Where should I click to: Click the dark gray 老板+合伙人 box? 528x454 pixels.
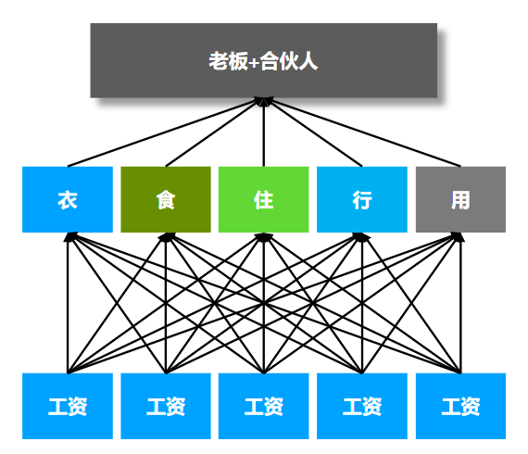click(263, 60)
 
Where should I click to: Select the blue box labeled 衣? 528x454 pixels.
click(68, 199)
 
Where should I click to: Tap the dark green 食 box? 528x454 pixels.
click(166, 199)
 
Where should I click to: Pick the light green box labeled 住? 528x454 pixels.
click(264, 199)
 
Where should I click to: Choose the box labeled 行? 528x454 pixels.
click(362, 199)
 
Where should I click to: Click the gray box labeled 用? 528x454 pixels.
click(460, 199)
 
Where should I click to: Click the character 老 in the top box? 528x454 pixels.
click(218, 62)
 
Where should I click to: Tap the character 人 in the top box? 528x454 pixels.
click(308, 62)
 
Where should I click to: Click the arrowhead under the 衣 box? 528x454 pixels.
click(69, 237)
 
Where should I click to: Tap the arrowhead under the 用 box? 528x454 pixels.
click(459, 237)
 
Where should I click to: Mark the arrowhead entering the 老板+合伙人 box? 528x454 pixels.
click(264, 103)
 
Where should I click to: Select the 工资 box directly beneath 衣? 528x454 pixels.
click(68, 406)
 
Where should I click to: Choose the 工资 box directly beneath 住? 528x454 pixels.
click(264, 406)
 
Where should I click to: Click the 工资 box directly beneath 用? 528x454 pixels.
click(460, 406)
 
